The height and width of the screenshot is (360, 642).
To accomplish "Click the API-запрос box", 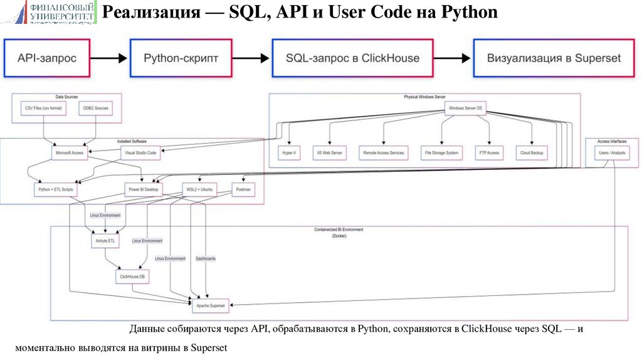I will tap(48, 58).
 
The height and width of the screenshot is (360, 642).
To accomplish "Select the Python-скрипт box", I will tap(181, 58).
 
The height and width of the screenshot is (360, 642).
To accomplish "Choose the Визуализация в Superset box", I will tap(554, 58).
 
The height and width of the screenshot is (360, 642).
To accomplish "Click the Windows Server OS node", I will tap(465, 109).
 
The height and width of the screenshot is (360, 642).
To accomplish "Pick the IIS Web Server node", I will tap(331, 152).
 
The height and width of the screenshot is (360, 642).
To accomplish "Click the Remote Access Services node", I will tap(383, 152).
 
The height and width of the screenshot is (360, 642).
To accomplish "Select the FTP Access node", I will tap(488, 152).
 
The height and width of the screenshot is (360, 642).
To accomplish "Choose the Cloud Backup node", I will tap(532, 152).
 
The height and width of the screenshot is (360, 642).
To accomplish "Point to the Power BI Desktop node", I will tap(144, 188).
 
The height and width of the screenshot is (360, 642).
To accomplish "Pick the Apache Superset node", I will tap(210, 305).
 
